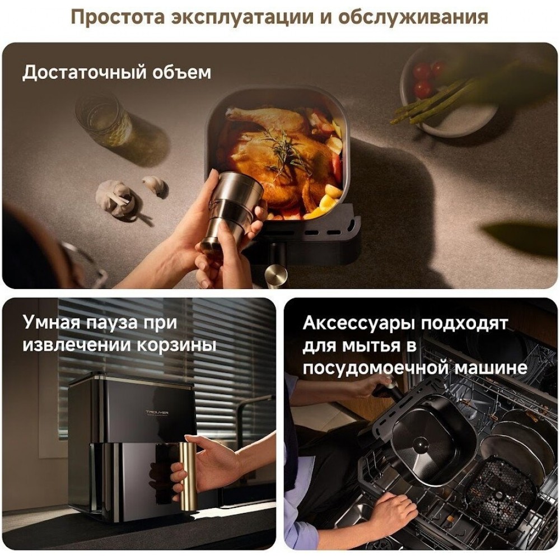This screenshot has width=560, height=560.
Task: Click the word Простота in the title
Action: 118,17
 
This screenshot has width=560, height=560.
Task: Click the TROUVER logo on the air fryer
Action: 157,413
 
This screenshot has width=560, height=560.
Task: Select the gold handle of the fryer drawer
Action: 188,472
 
